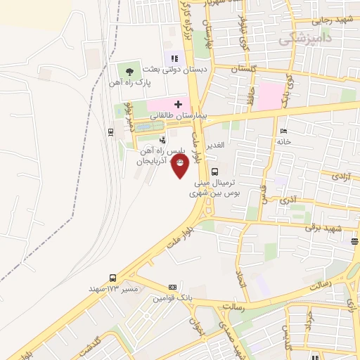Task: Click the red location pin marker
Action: coord(181,165)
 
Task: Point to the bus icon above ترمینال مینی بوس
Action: coord(214,171)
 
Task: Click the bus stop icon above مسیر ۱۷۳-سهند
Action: coord(112,278)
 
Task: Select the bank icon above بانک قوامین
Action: coord(172,287)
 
